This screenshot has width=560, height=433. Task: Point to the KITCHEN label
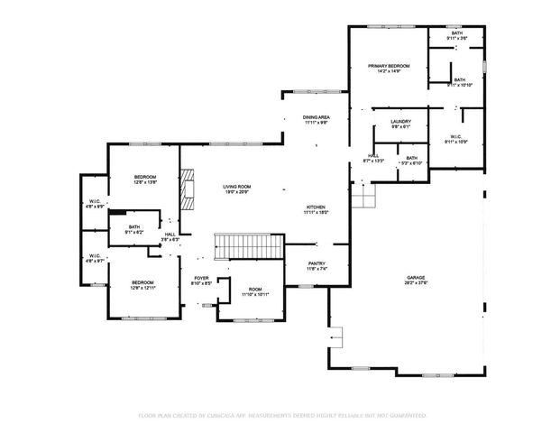pyautogui.click(x=316, y=209)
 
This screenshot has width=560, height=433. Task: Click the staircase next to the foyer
pyautogui.click(x=247, y=245)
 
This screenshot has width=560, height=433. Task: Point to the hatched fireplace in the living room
pyautogui.click(x=187, y=190)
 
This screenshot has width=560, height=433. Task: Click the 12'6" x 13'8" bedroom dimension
pyautogui.click(x=145, y=182)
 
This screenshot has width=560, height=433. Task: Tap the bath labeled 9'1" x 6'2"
pyautogui.click(x=134, y=230)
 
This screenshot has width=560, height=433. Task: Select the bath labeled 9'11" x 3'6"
pyautogui.click(x=458, y=36)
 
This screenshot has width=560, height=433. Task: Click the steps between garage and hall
pyautogui.click(x=362, y=196)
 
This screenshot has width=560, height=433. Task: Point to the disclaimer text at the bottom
pyautogui.click(x=281, y=416)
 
